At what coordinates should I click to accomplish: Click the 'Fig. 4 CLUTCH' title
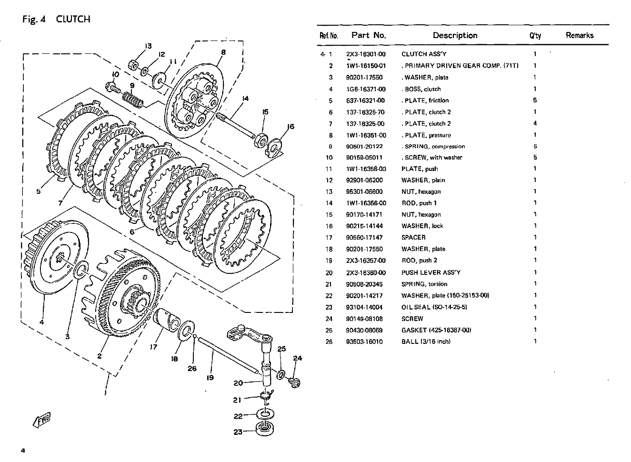56,20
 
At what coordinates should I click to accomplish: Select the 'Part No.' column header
369,35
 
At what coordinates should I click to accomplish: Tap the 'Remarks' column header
580,35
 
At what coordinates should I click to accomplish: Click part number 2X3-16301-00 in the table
366,54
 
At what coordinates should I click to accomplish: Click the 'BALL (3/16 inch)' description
426,341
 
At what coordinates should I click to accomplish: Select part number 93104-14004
364,307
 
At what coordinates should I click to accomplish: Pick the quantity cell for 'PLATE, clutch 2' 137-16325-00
535,123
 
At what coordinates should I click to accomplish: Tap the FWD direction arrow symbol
41,419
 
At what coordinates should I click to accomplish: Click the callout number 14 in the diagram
245,99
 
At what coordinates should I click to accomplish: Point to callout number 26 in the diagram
192,368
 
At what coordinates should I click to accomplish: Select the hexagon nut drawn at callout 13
133,64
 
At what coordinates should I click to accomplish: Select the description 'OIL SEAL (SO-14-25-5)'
433,307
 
